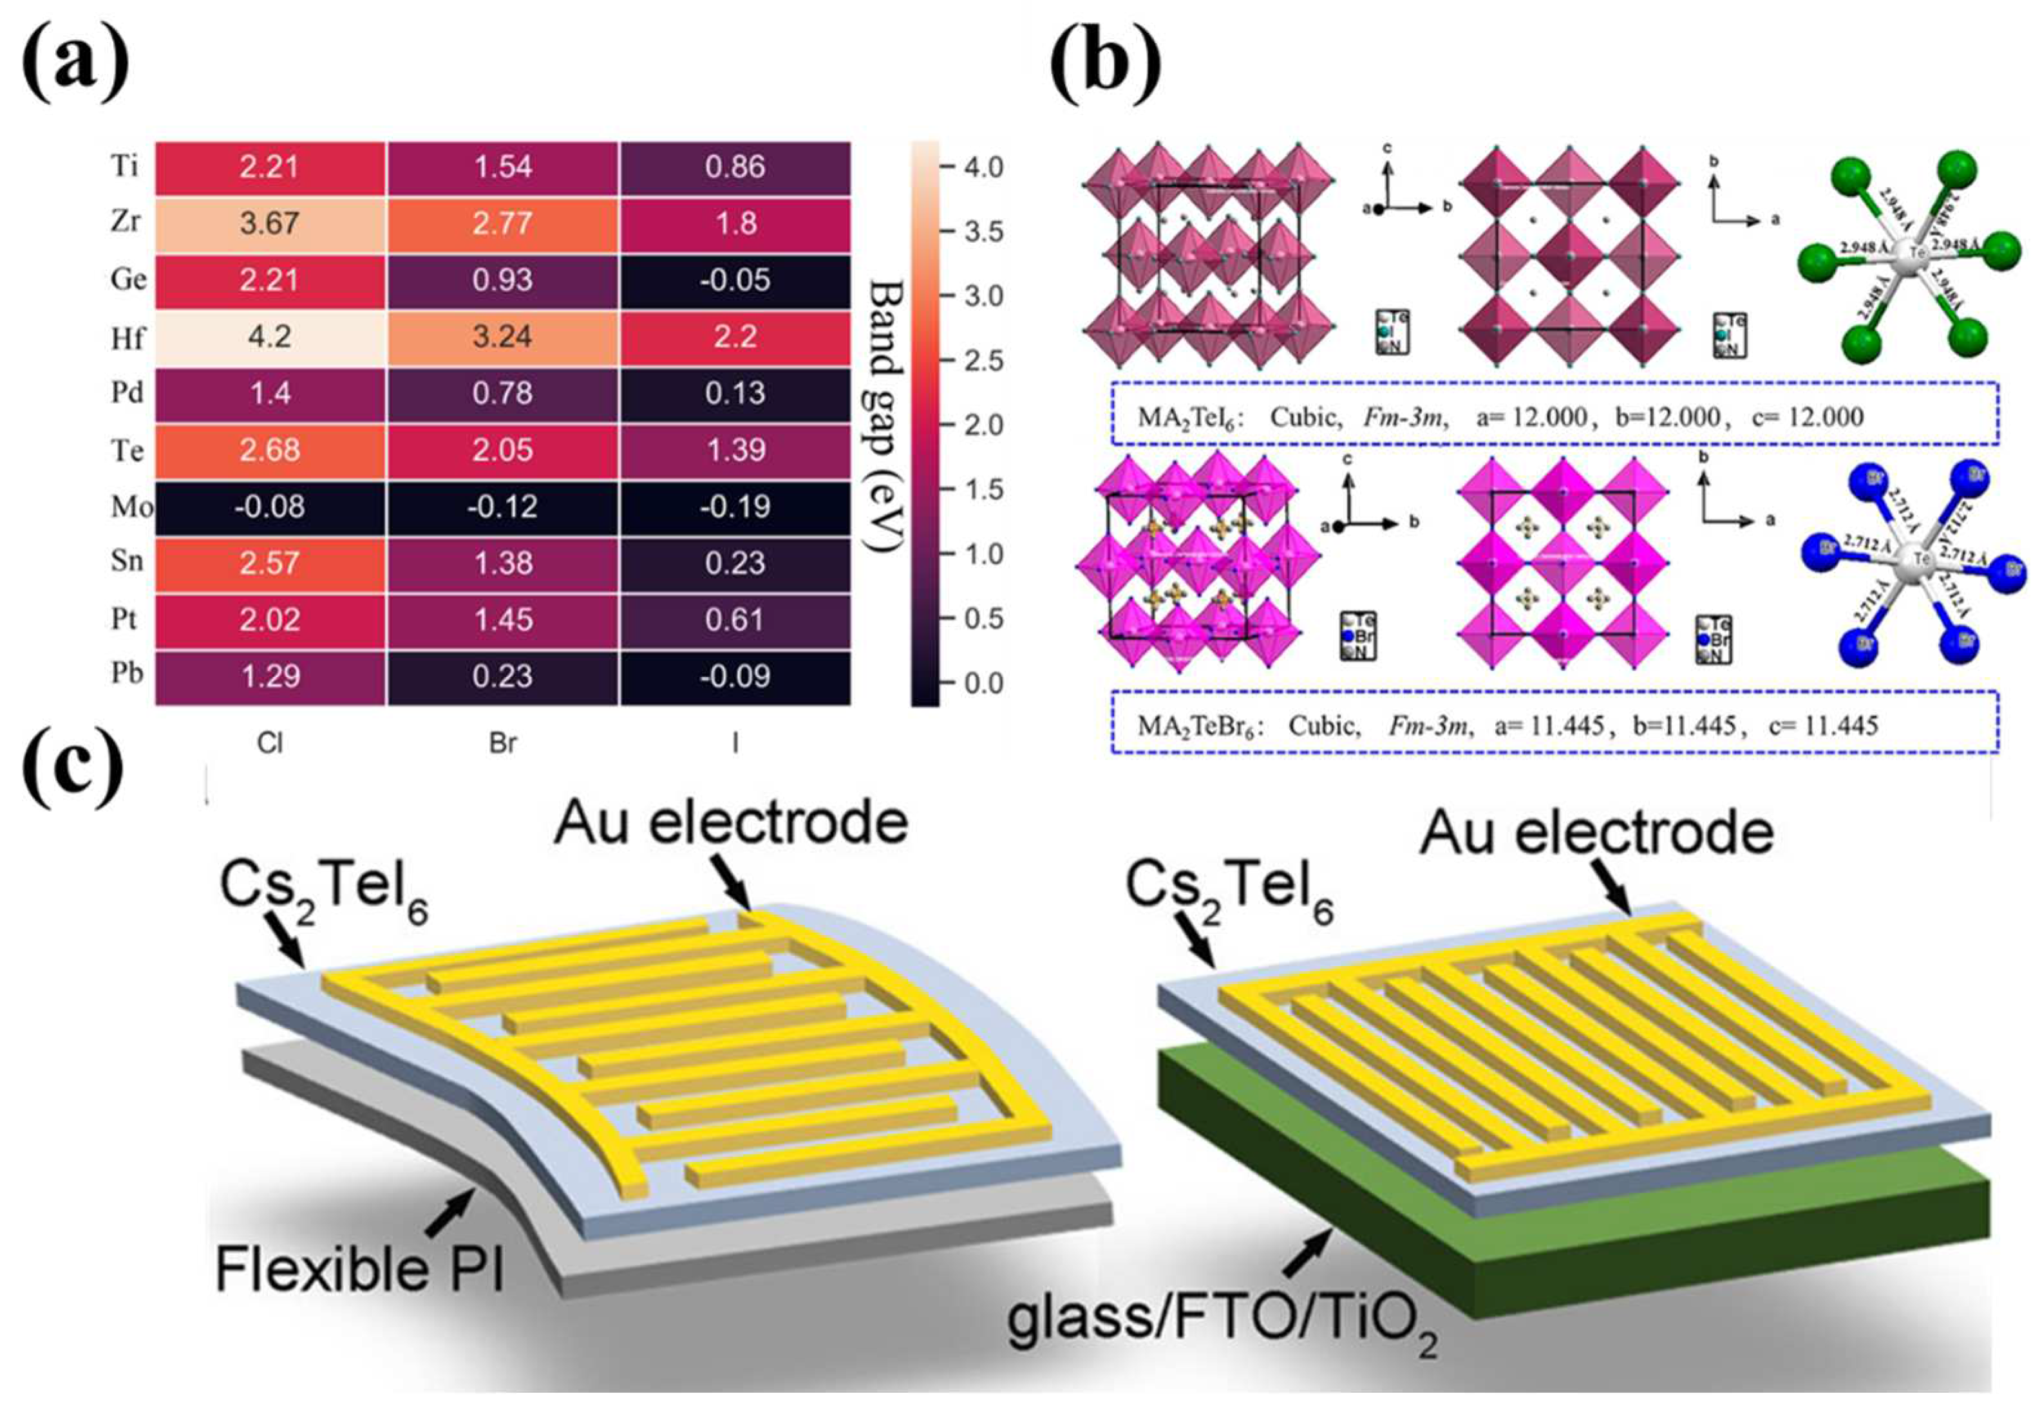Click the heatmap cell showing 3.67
[x=270, y=223]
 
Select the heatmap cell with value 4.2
[x=270, y=336]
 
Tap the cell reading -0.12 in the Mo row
[x=502, y=507]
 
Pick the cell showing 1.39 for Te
[x=735, y=450]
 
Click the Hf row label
[x=127, y=337]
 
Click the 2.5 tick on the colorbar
[x=983, y=361]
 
